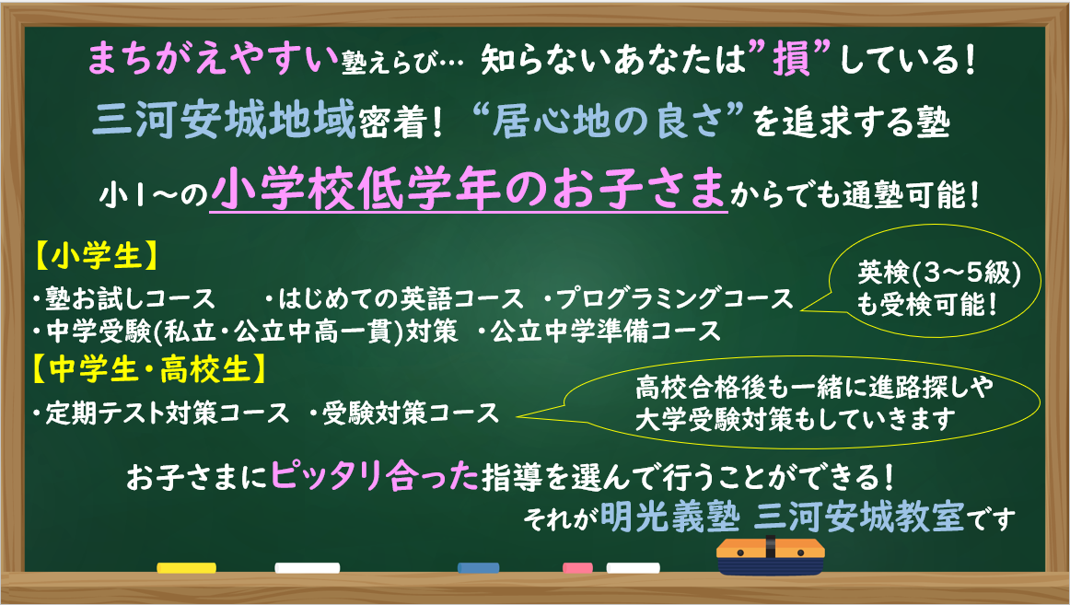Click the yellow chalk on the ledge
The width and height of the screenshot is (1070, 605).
pyautogui.click(x=186, y=567)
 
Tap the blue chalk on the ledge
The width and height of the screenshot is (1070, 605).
pyautogui.click(x=478, y=567)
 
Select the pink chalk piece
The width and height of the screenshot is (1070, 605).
pyautogui.click(x=577, y=567)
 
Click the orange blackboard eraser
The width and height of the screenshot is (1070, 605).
pyautogui.click(x=771, y=556)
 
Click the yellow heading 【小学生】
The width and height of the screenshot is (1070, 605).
pyautogui.click(x=96, y=256)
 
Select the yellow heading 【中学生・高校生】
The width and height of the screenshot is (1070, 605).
pyautogui.click(x=149, y=370)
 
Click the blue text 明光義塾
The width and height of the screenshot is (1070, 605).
pyautogui.click(x=670, y=518)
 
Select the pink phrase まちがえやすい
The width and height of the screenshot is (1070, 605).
pyautogui.click(x=213, y=59)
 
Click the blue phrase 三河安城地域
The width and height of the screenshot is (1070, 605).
pyautogui.click(x=224, y=121)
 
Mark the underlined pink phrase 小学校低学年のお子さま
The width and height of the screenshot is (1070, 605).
pyautogui.click(x=468, y=191)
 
